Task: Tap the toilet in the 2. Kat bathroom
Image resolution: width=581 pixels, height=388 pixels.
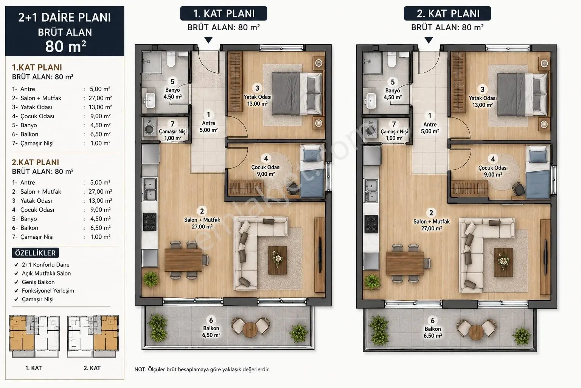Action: click(391, 59)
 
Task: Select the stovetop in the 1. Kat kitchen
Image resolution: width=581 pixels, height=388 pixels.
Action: click(150, 222)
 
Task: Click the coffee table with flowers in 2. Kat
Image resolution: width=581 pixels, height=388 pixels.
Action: click(503, 262)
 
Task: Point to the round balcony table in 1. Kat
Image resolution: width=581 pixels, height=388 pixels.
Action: click(250, 330)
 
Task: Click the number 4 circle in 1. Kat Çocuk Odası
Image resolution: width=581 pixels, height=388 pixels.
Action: click(266, 158)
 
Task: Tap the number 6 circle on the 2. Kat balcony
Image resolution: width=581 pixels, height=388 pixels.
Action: click(432, 321)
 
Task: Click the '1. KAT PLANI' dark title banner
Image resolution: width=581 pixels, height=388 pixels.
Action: click(224, 13)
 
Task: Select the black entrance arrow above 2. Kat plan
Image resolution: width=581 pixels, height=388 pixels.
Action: click(429, 40)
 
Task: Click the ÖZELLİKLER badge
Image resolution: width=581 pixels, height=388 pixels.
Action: click(35, 253)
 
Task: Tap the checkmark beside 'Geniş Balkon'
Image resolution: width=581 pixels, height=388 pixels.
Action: click(16, 282)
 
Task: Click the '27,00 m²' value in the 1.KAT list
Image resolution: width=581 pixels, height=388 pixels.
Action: click(100, 98)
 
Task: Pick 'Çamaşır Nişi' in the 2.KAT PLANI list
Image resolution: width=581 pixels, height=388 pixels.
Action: click(37, 237)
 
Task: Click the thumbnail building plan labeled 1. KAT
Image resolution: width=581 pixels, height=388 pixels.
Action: click(34, 336)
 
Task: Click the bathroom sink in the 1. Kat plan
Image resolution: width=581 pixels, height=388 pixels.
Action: click(150, 100)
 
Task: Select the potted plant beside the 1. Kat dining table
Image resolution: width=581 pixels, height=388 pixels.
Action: click(151, 279)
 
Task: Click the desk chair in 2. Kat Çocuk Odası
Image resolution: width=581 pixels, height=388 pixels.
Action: click(519, 189)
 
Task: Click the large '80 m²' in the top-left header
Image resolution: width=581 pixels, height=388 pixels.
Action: click(65, 46)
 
